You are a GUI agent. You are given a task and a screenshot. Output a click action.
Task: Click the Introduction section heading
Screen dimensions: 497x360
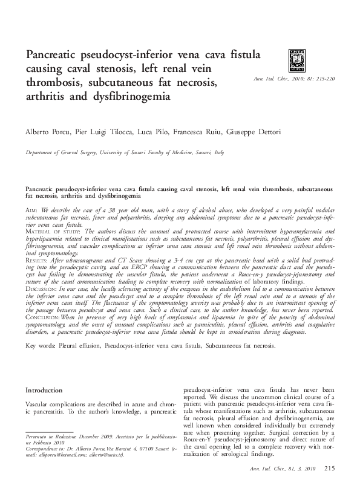[x=49, y=391]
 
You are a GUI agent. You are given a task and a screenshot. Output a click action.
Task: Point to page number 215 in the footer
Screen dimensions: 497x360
[x=329, y=469]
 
